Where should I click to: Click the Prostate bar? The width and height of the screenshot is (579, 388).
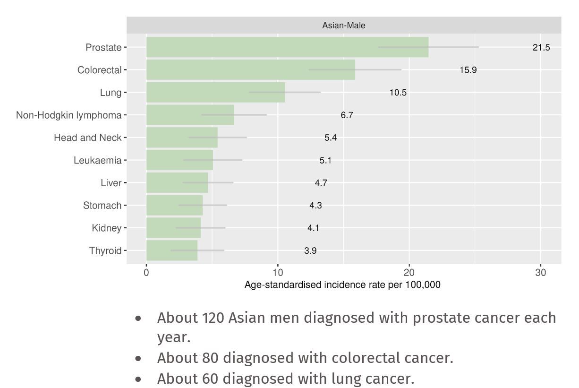287,47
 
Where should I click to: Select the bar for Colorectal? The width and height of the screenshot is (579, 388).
250,70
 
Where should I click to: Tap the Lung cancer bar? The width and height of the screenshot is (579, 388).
215,92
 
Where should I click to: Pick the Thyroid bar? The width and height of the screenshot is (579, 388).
172,250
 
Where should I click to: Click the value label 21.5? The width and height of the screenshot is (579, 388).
541,48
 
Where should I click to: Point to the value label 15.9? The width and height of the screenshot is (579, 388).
468,70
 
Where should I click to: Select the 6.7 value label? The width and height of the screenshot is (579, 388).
347,115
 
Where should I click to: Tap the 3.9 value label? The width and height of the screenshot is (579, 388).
310,251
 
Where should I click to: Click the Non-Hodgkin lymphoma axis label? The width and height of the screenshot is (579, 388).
68,115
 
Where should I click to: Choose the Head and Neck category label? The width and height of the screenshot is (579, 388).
87,138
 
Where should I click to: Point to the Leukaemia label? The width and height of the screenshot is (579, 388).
97,160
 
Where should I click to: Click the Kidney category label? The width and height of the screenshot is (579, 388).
106,228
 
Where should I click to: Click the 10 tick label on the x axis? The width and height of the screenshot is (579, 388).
278,273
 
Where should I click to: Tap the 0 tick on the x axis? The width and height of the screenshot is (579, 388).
146,273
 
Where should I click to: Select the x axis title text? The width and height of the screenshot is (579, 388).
342,285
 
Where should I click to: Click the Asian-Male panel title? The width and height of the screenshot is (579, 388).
343,26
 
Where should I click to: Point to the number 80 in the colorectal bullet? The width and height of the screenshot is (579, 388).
211,358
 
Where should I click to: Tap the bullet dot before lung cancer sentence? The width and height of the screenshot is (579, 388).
138,379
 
